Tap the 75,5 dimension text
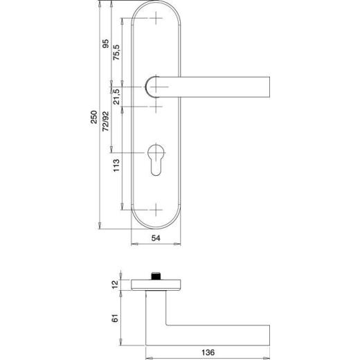click(x=117, y=53)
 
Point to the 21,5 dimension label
click(x=117, y=96)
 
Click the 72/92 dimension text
click(x=105, y=120)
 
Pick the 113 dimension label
click(x=117, y=167)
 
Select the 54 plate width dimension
click(x=156, y=237)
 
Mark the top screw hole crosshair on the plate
click(x=156, y=17)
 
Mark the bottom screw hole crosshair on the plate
click(x=156, y=206)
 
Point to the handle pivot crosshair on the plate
click(x=156, y=87)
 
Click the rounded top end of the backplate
click(x=156, y=6)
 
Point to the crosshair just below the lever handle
click(x=156, y=107)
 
